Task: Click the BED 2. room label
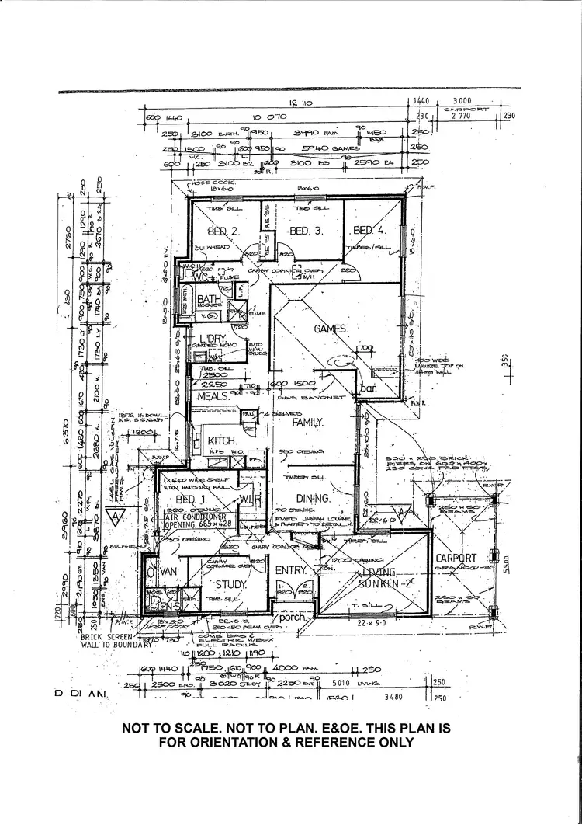click(x=222, y=231)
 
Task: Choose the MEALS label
click(x=210, y=396)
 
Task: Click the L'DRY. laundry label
click(x=211, y=339)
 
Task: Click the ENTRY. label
click(x=293, y=571)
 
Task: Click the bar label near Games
click(x=366, y=388)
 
